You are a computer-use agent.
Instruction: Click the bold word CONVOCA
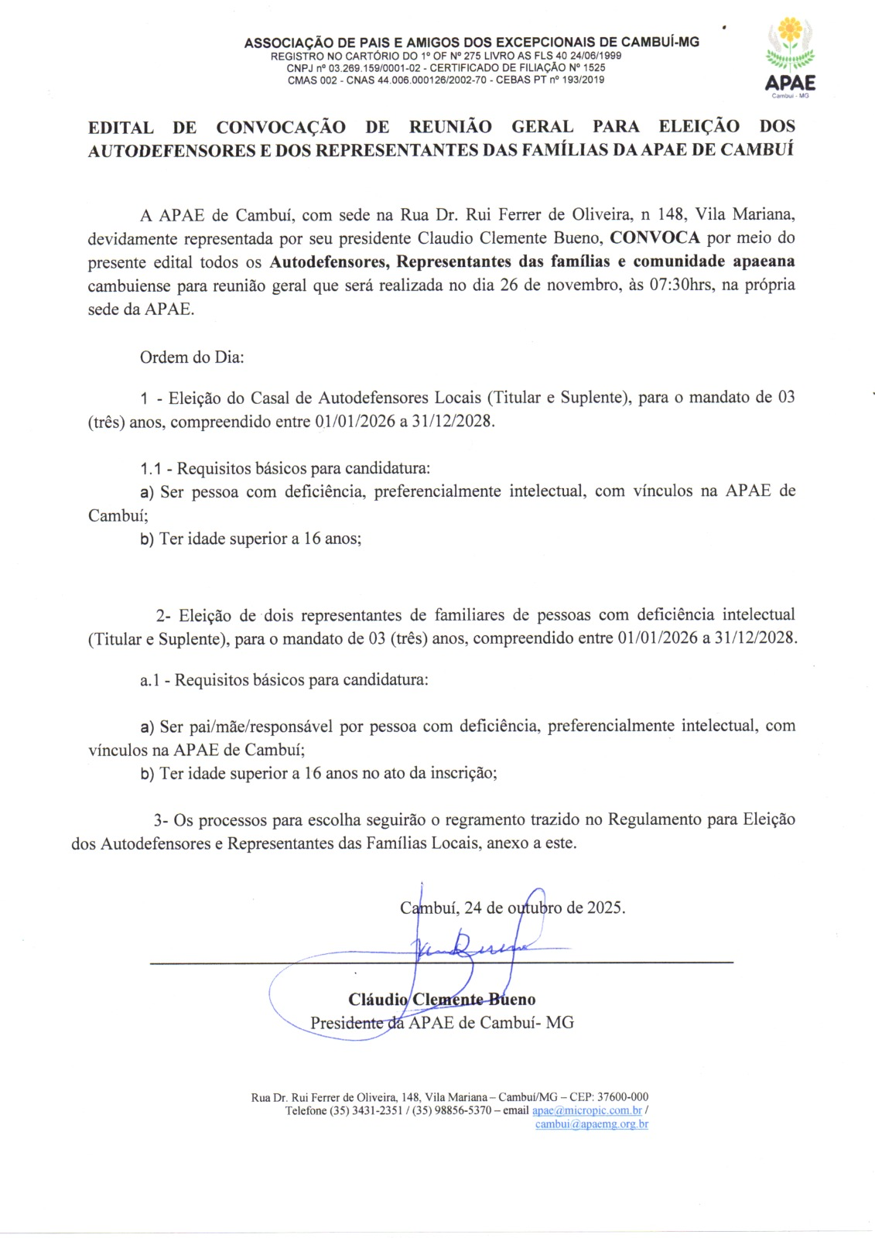click(x=655, y=238)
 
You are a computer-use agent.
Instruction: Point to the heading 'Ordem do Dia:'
click(x=192, y=357)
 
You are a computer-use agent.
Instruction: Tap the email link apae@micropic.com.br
click(x=587, y=1110)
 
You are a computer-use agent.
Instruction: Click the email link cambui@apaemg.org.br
click(x=592, y=1124)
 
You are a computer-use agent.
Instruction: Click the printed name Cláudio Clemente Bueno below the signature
click(x=442, y=1000)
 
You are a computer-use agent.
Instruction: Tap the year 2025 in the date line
click(x=605, y=908)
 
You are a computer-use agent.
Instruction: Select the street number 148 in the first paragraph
click(x=671, y=214)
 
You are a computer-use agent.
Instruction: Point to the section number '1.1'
click(x=150, y=469)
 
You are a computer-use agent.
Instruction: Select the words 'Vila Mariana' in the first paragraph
click(x=743, y=214)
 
